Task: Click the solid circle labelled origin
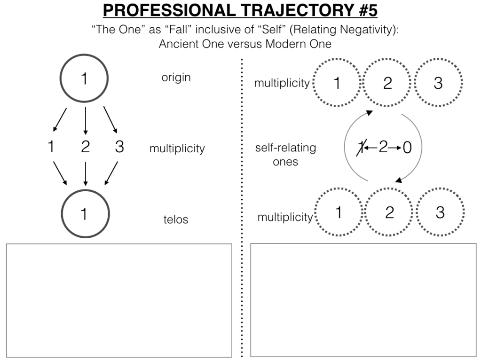tap(85, 78)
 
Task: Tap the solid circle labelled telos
tap(85, 214)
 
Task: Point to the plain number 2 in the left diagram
tap(85, 147)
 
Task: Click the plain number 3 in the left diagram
tap(119, 147)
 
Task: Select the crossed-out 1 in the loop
tap(361, 148)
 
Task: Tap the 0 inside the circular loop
tap(407, 148)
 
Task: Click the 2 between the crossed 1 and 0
tap(383, 148)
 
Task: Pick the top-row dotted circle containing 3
tap(438, 83)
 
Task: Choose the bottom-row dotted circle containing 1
tap(338, 212)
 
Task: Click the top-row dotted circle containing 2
tap(387, 83)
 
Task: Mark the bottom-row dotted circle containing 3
tap(440, 212)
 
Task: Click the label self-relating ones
tap(285, 154)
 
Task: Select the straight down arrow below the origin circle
tap(85, 120)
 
